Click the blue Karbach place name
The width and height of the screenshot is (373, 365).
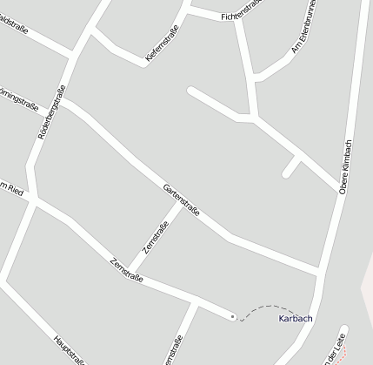(x=296, y=318)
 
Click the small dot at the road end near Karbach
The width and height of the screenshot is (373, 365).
(x=233, y=316)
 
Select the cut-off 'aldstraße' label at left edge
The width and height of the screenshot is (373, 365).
(x=12, y=32)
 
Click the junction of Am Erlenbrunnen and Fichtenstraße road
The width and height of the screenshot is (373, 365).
(x=256, y=80)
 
